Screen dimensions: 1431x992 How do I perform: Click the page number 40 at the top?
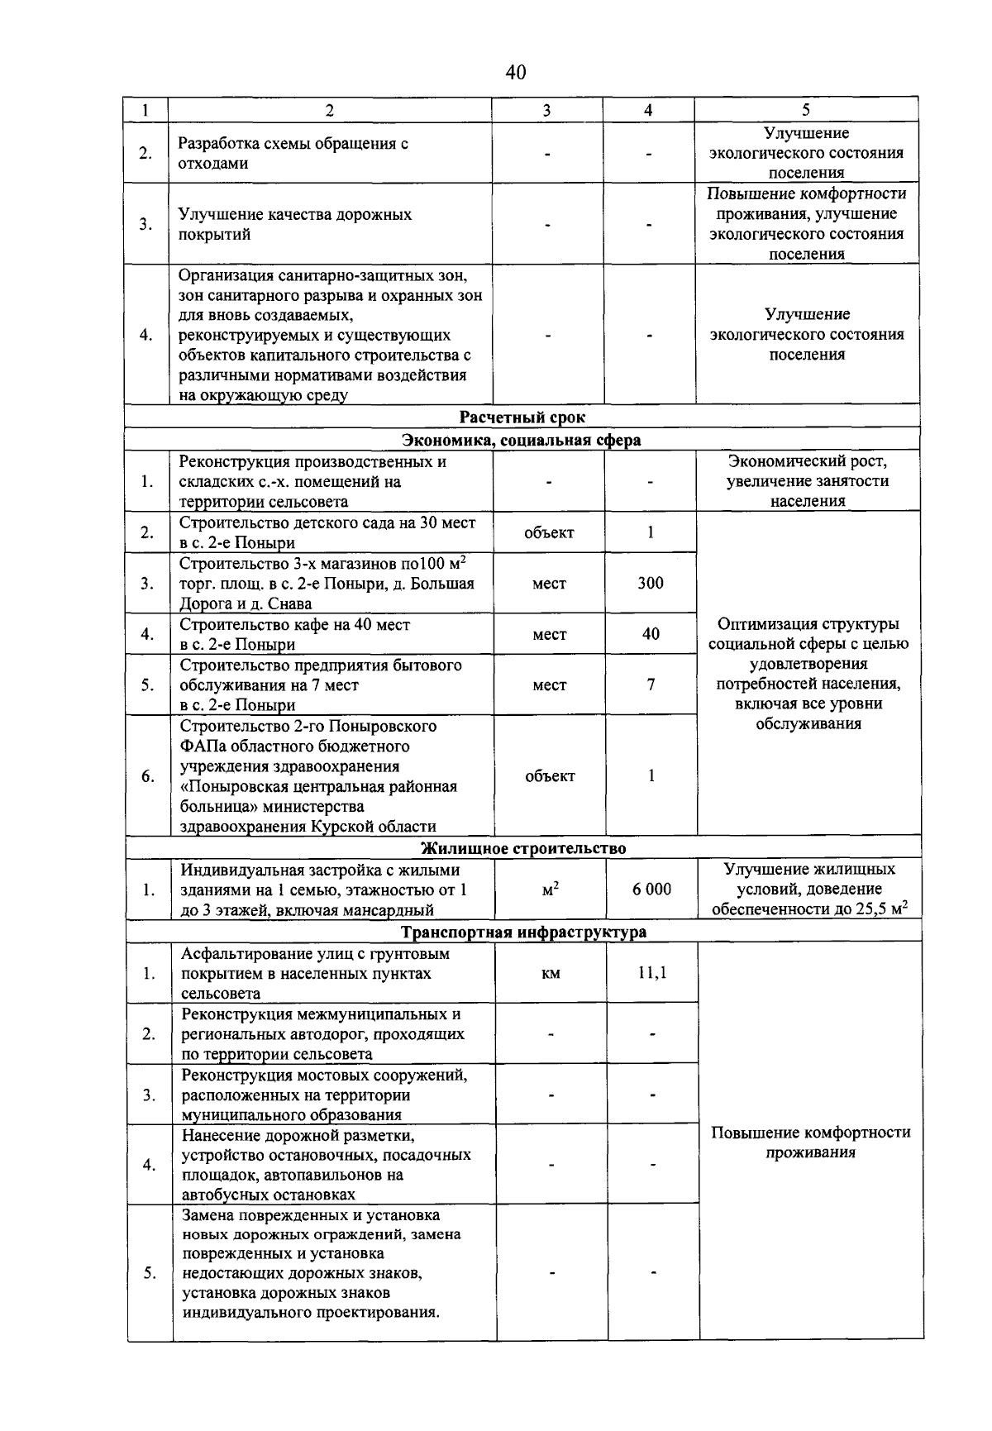515,73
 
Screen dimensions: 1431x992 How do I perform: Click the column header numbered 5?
806,110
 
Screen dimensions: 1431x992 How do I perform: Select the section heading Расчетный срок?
522,417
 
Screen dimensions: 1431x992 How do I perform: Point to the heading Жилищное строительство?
523,848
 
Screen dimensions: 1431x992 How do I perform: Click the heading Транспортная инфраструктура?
523,932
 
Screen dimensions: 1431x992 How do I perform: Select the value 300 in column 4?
651,583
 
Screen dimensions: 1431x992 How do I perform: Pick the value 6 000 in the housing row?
651,889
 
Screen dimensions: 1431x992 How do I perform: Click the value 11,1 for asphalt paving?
651,973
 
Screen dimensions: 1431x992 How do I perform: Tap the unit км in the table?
551,974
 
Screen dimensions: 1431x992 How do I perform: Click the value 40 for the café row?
651,634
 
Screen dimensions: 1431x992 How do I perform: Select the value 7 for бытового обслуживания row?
651,684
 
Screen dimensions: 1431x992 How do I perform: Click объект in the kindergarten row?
549,532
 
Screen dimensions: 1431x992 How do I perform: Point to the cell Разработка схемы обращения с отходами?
293,153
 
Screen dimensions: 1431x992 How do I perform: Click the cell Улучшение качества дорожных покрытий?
295,224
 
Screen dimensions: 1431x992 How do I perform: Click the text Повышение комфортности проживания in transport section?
810,1142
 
